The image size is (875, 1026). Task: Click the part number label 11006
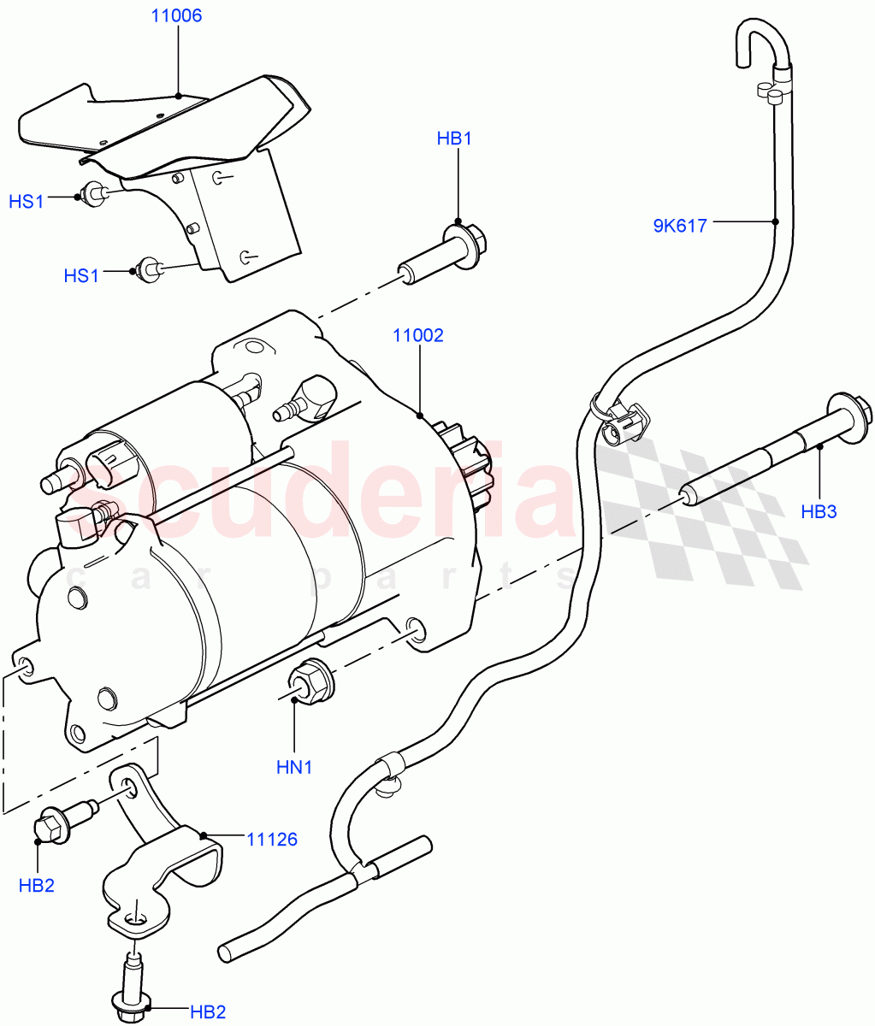(176, 16)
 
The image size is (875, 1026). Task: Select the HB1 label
(454, 139)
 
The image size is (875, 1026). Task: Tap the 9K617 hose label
(680, 227)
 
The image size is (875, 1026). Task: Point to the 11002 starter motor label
(418, 335)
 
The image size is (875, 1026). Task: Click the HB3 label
(819, 512)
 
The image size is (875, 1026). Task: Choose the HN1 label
(293, 767)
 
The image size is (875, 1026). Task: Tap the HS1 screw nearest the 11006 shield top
(92, 193)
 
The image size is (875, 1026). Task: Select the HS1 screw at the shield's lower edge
(151, 268)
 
